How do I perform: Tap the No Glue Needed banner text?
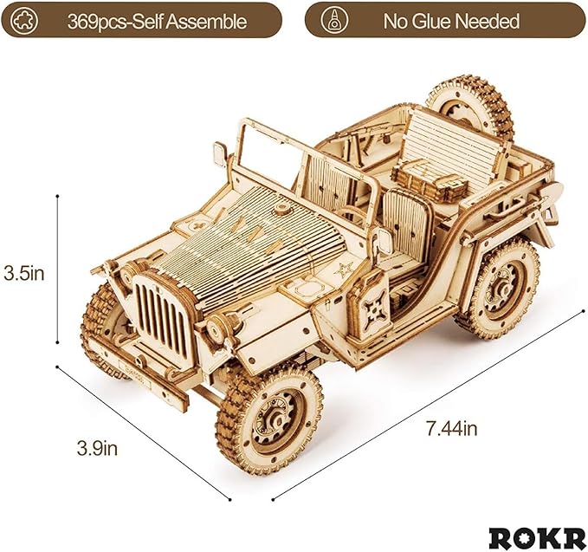coord(450,19)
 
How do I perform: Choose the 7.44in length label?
coord(450,426)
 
